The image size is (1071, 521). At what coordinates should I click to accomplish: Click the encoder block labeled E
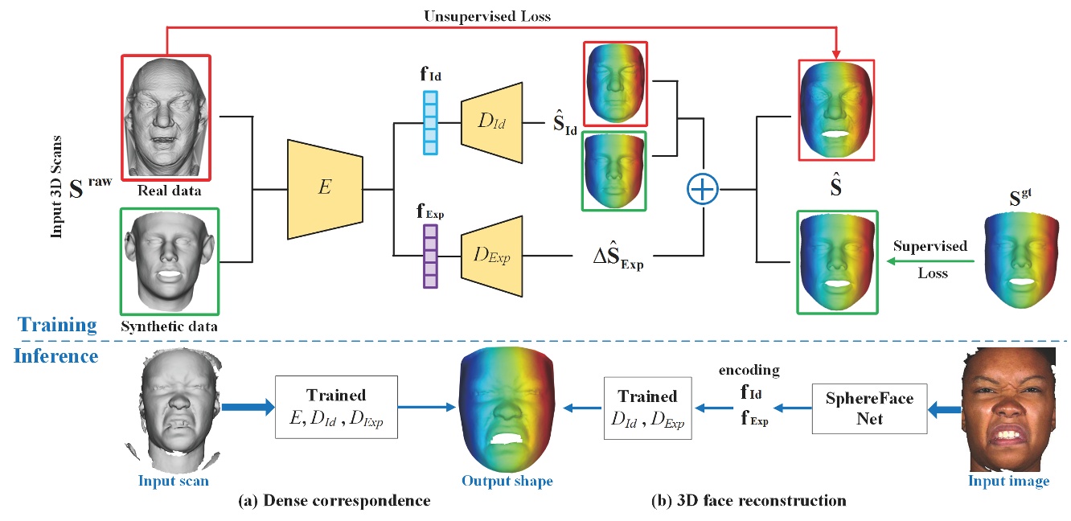[325, 189]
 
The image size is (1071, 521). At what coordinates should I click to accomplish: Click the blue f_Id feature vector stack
[431, 123]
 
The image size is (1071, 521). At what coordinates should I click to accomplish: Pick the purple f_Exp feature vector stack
[431, 256]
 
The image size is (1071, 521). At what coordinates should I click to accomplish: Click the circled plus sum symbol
[703, 190]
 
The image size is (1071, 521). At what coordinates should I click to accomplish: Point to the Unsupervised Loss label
[499, 15]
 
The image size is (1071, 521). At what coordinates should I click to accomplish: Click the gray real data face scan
[166, 116]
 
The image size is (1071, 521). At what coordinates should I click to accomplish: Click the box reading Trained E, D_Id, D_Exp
[336, 407]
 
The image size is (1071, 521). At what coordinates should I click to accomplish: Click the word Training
[57, 325]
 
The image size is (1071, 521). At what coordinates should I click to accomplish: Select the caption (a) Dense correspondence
[336, 501]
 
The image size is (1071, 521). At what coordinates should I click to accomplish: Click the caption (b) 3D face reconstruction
[749, 501]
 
